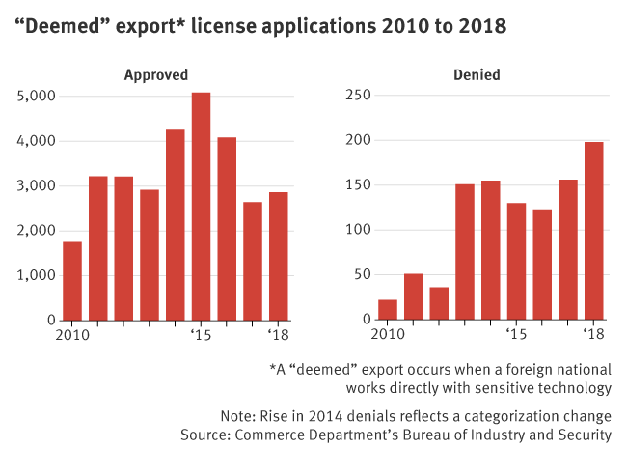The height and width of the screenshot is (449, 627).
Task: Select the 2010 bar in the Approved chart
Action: click(x=72, y=280)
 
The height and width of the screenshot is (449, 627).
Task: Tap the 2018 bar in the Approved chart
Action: click(x=278, y=256)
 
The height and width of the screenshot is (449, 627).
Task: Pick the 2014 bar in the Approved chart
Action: click(x=176, y=224)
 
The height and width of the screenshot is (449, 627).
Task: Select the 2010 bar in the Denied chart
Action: click(x=388, y=309)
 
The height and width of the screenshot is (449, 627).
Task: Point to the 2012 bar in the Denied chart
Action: click(x=439, y=303)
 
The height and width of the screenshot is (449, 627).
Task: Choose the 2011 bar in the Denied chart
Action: click(x=414, y=296)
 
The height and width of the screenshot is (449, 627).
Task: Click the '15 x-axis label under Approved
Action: click(x=201, y=334)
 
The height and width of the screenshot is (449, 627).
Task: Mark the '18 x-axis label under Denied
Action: click(x=593, y=334)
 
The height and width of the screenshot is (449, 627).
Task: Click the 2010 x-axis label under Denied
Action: click(x=388, y=334)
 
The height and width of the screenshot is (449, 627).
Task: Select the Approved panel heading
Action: click(x=155, y=73)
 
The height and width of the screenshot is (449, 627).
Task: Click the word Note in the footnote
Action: click(x=237, y=416)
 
